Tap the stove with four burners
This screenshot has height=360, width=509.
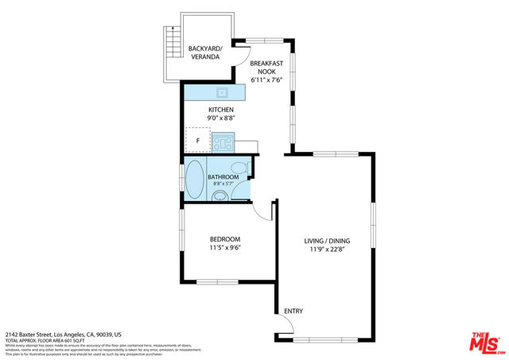223,144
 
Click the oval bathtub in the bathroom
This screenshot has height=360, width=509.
195,178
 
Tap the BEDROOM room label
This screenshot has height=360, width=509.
225,239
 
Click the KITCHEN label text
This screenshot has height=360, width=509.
220,110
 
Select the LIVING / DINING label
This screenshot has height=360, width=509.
327,241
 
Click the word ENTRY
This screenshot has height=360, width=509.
293,311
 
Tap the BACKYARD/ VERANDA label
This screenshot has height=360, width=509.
204,52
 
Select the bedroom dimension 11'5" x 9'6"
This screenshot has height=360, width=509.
225,248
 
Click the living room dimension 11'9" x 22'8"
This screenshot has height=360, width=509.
327,250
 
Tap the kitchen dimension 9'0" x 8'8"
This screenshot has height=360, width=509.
220,118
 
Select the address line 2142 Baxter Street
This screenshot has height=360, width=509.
64,335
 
